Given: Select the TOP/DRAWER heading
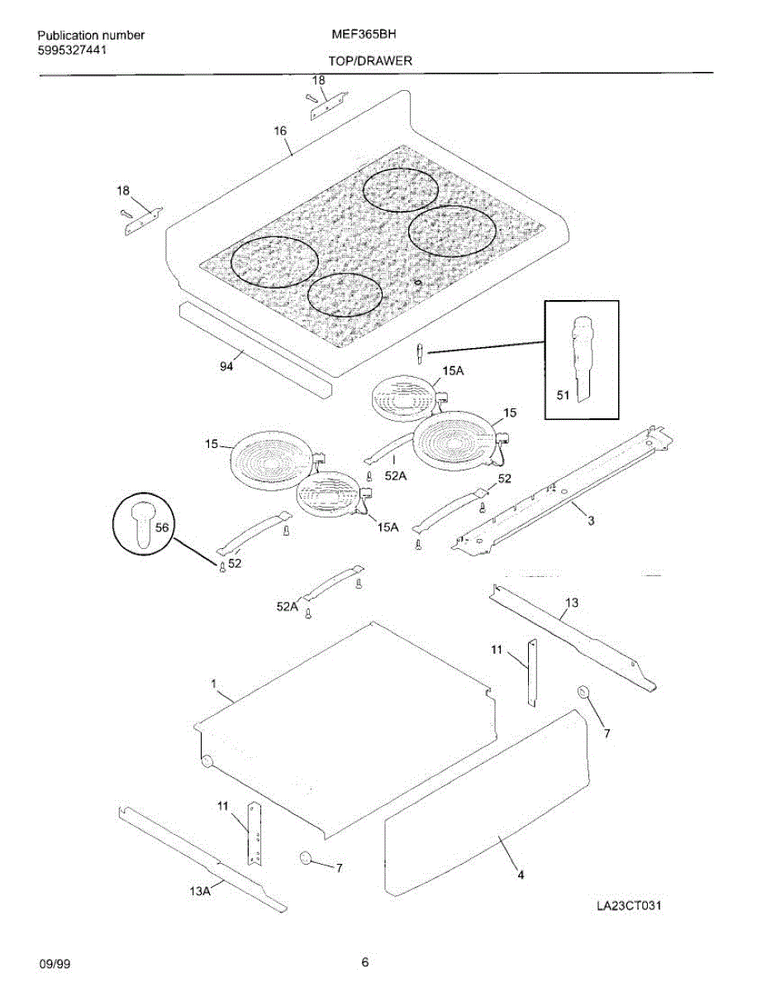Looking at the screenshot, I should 370,61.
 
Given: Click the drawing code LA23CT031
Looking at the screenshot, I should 629,905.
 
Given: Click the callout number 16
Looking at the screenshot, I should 280,131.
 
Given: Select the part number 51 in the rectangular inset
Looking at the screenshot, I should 563,396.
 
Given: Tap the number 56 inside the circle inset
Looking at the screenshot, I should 161,527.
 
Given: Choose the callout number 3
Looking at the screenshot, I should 591,520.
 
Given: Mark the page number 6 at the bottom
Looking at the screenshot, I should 364,962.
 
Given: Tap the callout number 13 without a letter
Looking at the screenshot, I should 572,603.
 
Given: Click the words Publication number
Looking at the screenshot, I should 91,36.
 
